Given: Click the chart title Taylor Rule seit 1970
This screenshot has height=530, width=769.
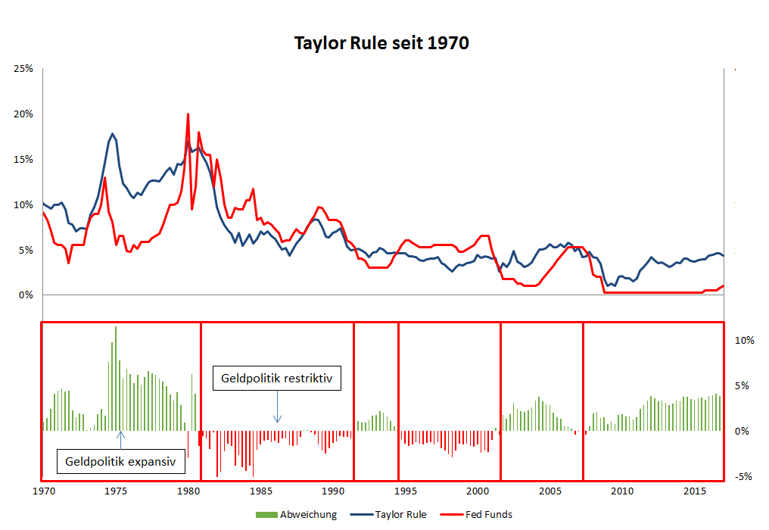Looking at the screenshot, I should pyautogui.click(x=381, y=43).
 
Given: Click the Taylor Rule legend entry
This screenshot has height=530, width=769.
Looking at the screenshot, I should pyautogui.click(x=400, y=515).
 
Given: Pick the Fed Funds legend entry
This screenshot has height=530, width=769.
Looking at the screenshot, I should pyautogui.click(x=487, y=515).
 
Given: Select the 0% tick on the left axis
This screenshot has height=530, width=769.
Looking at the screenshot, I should pyautogui.click(x=26, y=295).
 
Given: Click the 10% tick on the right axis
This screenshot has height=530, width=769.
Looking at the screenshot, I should pyautogui.click(x=744, y=341).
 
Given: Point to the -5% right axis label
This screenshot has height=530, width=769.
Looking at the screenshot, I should pyautogui.click(x=743, y=476).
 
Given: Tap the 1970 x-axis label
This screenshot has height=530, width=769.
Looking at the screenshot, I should pyautogui.click(x=44, y=492).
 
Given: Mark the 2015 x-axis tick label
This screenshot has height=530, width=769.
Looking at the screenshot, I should pyautogui.click(x=696, y=492).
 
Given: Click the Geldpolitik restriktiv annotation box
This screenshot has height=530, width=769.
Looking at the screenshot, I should pyautogui.click(x=277, y=377).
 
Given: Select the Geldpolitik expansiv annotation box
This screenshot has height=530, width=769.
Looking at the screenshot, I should pyautogui.click(x=121, y=460).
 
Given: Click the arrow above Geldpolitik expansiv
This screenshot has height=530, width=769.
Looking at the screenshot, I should pyautogui.click(x=121, y=439).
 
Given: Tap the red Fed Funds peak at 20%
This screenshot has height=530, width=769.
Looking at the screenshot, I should pyautogui.click(x=188, y=115).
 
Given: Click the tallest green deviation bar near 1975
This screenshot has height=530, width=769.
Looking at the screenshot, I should pyautogui.click(x=116, y=328).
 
